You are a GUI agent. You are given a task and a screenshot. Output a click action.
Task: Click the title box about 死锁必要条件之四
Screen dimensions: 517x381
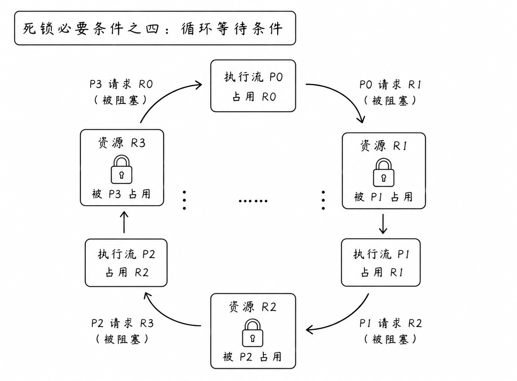pos(155,28)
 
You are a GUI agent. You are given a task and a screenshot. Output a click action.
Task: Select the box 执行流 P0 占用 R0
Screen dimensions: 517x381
pos(253,86)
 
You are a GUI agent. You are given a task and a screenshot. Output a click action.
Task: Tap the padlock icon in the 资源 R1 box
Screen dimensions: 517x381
pos(383,172)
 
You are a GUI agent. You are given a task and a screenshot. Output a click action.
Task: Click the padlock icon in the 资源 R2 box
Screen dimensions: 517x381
pos(252,333)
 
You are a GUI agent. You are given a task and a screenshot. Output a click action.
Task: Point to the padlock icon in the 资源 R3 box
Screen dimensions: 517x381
pos(122,170)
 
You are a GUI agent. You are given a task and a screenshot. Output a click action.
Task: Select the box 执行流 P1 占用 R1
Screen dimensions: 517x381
pos(381,262)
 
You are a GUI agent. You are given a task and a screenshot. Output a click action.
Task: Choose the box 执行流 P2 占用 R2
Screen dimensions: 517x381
pos(126,263)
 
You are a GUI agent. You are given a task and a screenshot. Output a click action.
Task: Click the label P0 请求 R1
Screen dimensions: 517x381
pos(390,84)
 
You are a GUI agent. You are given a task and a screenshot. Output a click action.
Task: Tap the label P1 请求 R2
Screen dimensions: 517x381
pos(390,323)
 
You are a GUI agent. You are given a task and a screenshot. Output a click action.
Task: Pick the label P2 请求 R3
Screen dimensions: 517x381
pos(122,323)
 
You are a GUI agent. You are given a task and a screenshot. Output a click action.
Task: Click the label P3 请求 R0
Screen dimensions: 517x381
pos(121,84)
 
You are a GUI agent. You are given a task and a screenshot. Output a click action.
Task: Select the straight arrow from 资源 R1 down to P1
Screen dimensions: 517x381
pos(383,224)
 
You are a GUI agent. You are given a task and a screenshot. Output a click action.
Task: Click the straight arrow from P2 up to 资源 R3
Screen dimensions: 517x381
pos(124,222)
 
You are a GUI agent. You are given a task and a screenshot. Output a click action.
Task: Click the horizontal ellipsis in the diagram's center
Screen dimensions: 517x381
pos(253,201)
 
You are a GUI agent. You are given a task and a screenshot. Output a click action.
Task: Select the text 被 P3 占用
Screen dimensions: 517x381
pos(121,194)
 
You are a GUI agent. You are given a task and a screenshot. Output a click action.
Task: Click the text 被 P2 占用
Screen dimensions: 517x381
pos(252,357)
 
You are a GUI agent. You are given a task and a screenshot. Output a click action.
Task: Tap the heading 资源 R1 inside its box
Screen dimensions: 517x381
pos(383,146)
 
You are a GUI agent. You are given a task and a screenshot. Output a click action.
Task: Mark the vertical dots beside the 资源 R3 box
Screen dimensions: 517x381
pos(184,200)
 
